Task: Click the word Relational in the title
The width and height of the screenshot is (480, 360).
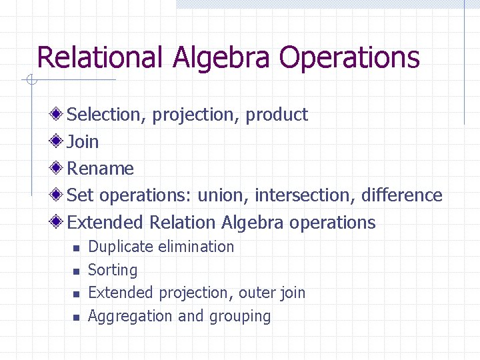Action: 99,57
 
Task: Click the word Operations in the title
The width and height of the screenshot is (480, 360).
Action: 349,59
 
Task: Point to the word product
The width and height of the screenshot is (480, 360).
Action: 277,115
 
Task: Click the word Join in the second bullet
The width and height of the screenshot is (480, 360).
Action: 83,141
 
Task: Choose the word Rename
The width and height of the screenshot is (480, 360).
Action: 101,169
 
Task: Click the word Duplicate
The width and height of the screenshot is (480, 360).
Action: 121,247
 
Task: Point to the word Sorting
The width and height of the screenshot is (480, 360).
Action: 113,270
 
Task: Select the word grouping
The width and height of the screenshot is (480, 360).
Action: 240,317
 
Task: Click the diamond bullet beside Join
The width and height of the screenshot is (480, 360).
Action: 59,141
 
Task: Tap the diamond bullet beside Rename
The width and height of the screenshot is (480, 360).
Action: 59,168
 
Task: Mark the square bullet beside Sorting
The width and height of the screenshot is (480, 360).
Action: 76,271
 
